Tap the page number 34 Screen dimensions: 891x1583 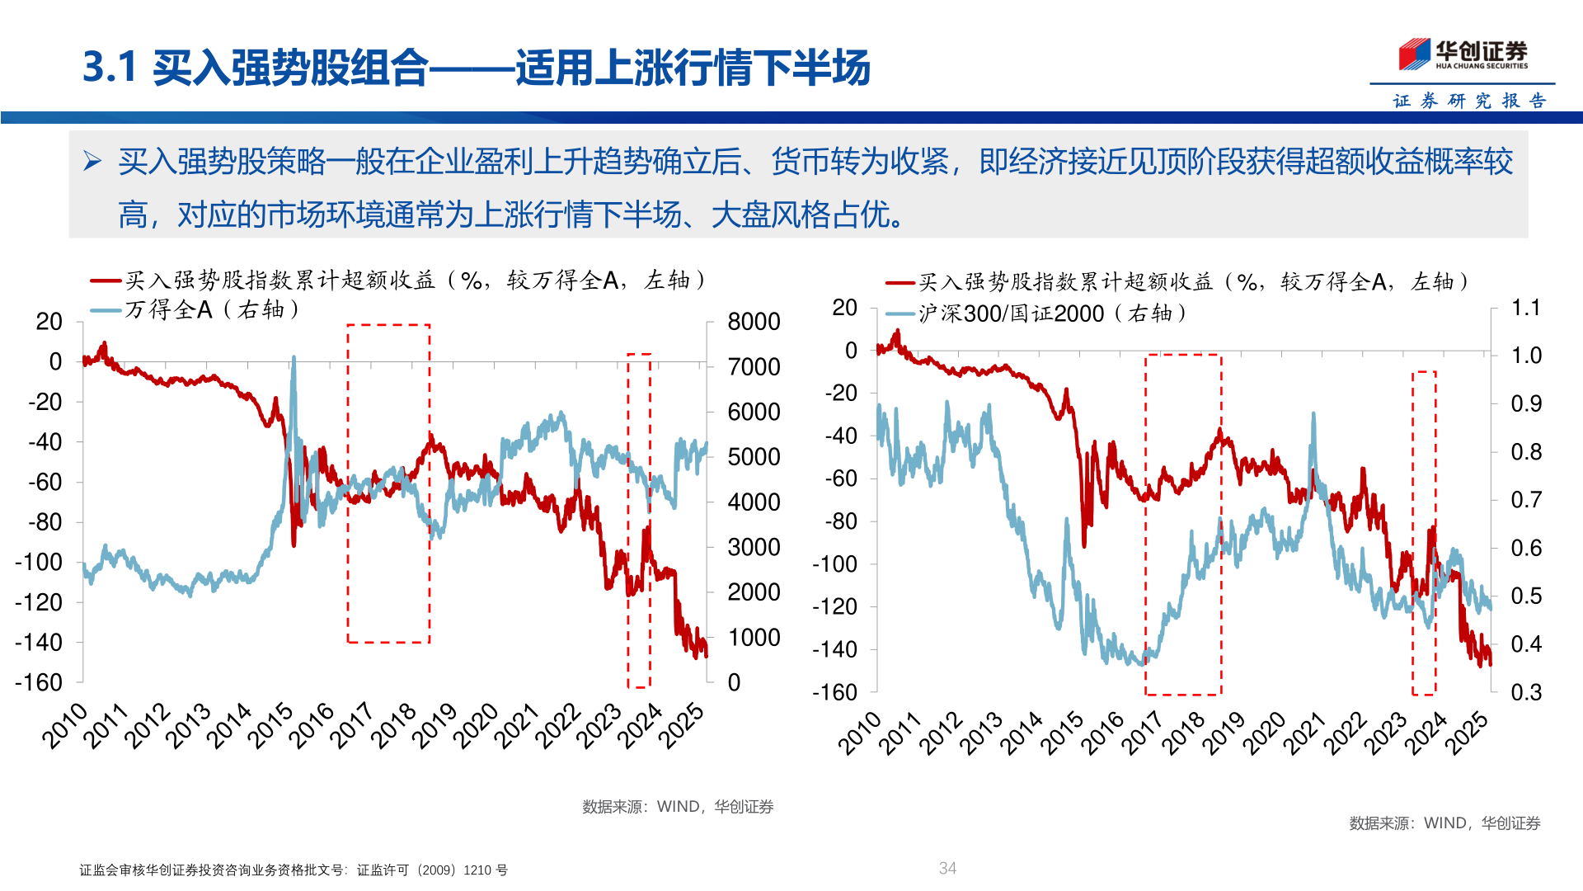pos(947,868)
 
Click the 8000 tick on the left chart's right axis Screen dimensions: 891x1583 pos(753,322)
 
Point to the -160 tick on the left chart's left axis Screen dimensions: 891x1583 pos(39,683)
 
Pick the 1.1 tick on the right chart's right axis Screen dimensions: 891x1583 pos(1525,308)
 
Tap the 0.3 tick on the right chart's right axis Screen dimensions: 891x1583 pos(1525,692)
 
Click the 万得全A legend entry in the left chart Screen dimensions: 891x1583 pos(169,310)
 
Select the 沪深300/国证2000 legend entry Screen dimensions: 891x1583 pos(1011,313)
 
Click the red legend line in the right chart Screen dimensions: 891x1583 pos(900,283)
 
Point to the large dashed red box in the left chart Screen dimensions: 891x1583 pos(388,483)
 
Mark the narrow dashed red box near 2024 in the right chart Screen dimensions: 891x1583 pos(1424,533)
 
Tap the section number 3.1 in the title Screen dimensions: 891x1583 pos(109,67)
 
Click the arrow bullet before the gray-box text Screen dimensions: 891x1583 pos(92,161)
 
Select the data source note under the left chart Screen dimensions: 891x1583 pos(677,807)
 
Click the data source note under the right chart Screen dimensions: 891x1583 pos(1444,823)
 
